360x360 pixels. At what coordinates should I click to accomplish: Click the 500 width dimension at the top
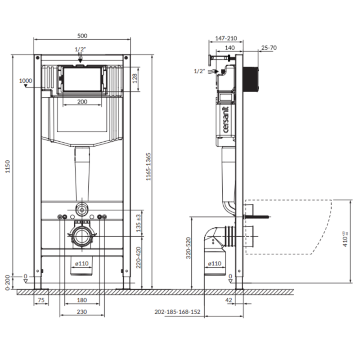tap(82, 36)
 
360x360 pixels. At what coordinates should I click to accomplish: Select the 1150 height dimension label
tap(8, 166)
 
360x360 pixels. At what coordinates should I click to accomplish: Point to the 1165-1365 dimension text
tap(148, 166)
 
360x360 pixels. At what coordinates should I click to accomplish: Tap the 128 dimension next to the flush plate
tap(135, 78)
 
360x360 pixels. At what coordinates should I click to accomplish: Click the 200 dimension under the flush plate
tap(82, 102)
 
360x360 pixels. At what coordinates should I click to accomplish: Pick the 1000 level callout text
tap(26, 81)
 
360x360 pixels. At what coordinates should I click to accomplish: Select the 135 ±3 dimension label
tap(139, 223)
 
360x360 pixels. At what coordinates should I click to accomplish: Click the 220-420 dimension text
tap(138, 257)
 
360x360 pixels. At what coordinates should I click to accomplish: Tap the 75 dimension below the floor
tap(41, 300)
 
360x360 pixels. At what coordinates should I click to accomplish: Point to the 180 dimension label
tap(82, 300)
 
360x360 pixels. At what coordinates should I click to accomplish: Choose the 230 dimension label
tap(82, 311)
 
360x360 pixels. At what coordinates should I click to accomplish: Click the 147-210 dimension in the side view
tap(226, 38)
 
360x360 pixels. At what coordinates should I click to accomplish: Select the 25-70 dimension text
tap(269, 48)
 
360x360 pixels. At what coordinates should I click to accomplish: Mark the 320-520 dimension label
tap(188, 248)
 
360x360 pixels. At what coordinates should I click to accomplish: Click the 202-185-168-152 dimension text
tap(177, 311)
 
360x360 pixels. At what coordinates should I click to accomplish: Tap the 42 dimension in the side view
tap(229, 300)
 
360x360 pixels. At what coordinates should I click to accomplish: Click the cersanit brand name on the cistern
tap(226, 120)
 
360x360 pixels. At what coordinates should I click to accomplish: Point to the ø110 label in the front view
tap(82, 263)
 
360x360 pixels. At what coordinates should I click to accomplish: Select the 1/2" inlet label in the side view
tap(199, 71)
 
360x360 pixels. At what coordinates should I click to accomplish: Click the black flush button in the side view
tap(251, 79)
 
